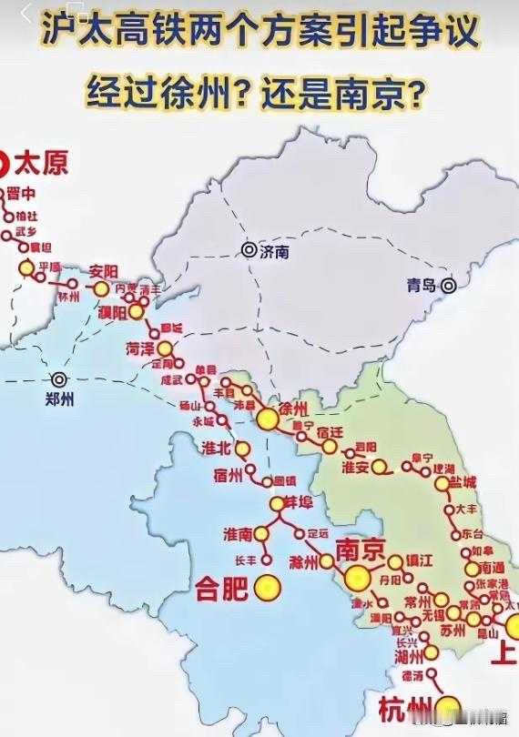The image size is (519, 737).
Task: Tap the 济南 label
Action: click(274, 253)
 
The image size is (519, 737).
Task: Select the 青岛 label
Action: click(422, 286)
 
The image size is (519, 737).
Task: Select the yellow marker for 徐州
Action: click(268, 419)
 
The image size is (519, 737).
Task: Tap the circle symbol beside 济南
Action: click(248, 249)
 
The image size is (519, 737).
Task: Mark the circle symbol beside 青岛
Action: click(449, 286)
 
